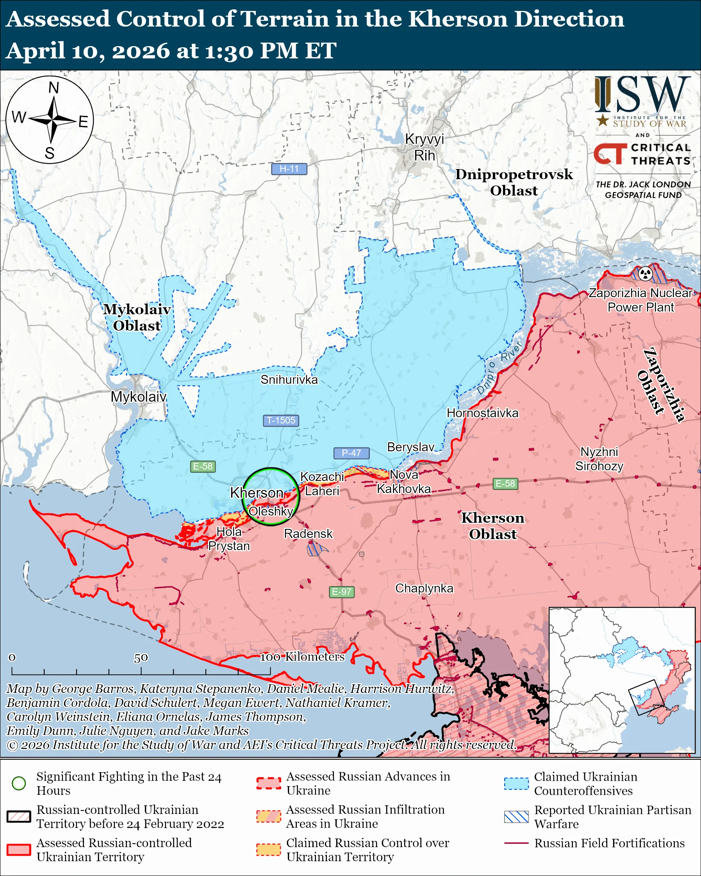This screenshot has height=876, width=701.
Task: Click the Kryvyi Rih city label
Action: click(424, 147)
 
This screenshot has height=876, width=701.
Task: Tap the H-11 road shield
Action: click(289, 169)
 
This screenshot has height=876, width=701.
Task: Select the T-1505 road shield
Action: click(281, 420)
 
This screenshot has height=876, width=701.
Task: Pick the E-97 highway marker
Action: click(341, 591)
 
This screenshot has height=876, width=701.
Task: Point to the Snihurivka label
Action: click(289, 379)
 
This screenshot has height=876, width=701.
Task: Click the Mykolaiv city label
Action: click(139, 397)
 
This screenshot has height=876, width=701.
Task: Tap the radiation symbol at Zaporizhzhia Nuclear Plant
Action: click(645, 274)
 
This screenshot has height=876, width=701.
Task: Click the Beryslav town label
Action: click(410, 447)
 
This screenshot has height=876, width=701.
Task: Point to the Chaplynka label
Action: click(424, 588)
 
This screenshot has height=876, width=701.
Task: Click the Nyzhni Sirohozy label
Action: click(599, 459)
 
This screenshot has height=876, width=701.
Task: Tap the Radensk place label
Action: click(308, 534)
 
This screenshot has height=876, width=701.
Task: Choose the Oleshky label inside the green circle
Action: click(271, 511)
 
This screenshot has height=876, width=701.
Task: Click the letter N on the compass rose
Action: click(54, 88)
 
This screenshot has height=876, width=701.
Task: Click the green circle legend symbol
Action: click(19, 783)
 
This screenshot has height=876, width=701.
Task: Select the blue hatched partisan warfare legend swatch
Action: click(516, 817)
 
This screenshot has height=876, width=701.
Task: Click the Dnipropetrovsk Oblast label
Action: click(514, 182)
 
